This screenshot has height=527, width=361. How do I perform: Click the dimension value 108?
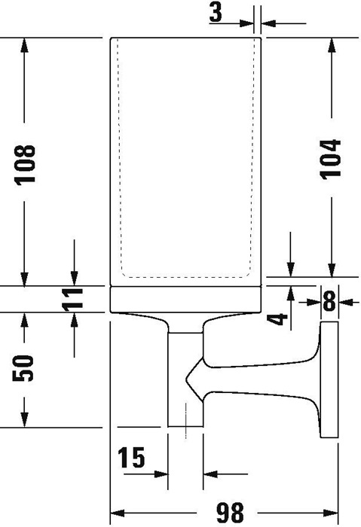(25, 165)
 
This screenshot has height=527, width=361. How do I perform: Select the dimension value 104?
(330, 159)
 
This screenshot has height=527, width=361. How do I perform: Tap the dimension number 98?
(230, 513)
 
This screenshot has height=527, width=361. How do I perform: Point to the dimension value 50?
(23, 368)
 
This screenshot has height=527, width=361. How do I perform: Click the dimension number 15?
(131, 458)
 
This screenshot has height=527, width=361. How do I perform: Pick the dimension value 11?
(72, 298)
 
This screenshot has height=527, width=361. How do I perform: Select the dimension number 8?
(329, 301)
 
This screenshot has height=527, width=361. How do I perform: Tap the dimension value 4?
(278, 319)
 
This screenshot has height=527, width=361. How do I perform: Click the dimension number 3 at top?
(216, 12)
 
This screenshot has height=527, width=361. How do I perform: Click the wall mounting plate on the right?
(329, 379)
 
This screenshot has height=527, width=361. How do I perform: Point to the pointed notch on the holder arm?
(187, 379)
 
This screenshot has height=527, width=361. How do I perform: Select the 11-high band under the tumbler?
(185, 300)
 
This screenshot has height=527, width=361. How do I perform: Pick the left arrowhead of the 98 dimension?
(118, 513)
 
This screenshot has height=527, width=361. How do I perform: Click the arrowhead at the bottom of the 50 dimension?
(24, 420)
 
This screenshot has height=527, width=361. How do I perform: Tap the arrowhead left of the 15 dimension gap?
(161, 474)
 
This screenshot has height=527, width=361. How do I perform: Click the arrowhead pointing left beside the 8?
(346, 302)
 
